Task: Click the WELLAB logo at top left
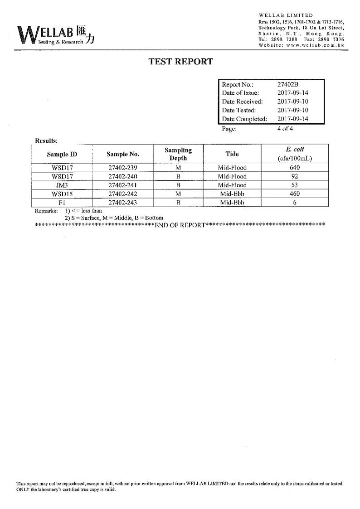56,35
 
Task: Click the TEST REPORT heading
180,62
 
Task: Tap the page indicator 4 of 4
285,128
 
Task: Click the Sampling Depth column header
178,154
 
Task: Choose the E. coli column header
295,154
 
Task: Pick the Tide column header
232,154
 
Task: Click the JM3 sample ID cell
62,185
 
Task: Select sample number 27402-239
122,168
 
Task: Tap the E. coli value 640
295,168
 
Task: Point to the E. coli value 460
295,194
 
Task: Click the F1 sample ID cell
62,203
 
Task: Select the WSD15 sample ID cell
62,194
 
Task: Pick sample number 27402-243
122,203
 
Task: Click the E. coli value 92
295,176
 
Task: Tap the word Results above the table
46,141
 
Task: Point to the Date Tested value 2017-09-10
292,110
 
